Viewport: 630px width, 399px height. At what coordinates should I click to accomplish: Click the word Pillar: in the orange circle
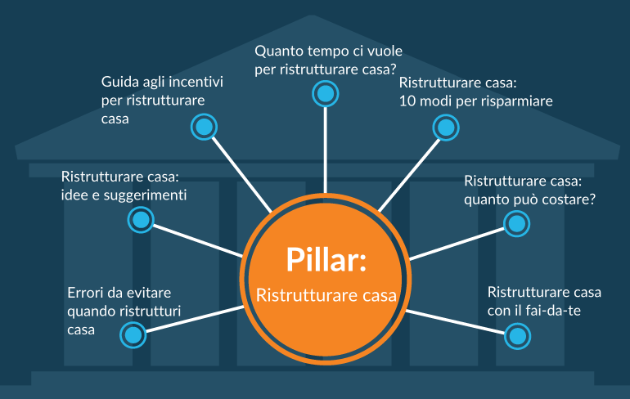pos(326,258)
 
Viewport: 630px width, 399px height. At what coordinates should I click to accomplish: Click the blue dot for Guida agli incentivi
pos(204,127)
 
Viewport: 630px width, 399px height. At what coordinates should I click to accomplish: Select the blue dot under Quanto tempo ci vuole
pos(326,93)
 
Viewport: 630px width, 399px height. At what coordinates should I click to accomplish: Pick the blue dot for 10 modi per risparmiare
pos(445,127)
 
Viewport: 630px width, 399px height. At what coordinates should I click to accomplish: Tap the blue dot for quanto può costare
pos(515,222)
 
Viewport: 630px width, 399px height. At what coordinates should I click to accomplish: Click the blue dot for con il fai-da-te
pos(516,335)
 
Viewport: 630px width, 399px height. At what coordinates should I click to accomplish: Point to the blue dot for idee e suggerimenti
pos(142,219)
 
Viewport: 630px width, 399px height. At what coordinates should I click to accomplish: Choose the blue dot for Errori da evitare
pos(133,334)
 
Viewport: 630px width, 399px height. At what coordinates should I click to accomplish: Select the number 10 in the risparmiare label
pos(407,102)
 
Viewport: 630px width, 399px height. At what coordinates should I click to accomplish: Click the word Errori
pos(86,293)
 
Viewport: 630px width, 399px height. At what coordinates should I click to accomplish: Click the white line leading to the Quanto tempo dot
pos(326,147)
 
